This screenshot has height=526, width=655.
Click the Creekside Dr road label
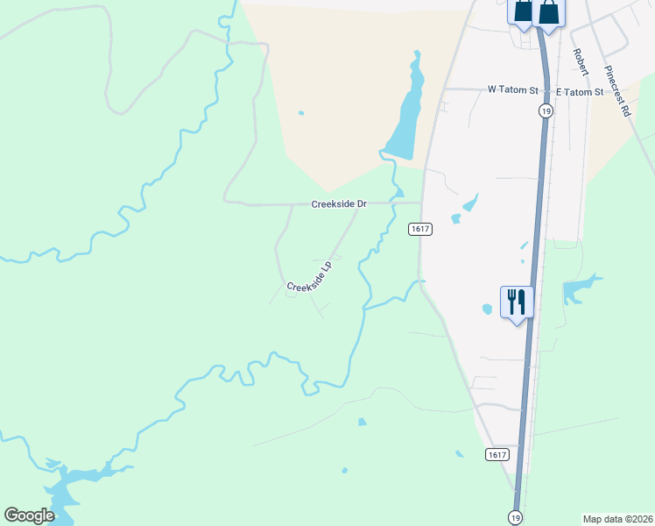coord(338,204)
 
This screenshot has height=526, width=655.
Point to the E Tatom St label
coord(580,92)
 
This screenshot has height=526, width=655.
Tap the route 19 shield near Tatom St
coord(546,111)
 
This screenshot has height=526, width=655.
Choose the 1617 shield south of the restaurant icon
coord(497,453)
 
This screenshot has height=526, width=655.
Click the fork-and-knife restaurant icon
coord(516,302)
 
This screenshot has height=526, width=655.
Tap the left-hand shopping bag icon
coord(522,11)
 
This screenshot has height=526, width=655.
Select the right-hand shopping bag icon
coord(549,12)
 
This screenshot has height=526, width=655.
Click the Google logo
coord(29,515)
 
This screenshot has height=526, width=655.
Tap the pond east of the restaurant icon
coord(580,288)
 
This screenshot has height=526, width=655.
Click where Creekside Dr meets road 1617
coord(422,203)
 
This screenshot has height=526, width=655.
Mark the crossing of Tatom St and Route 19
coord(545,90)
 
